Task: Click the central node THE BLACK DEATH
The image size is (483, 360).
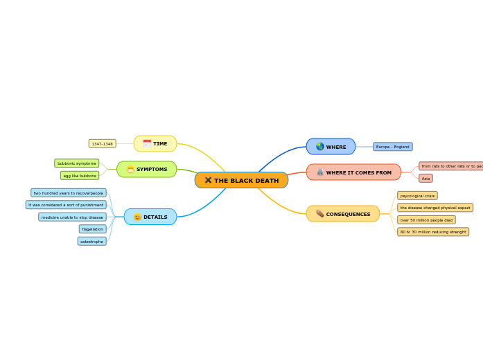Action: [x=241, y=181]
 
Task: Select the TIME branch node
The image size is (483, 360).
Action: [x=155, y=144]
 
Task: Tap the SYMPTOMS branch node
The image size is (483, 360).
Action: [x=147, y=170]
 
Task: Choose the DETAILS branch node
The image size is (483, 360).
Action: [x=150, y=217]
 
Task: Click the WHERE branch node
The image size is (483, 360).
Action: [x=331, y=147]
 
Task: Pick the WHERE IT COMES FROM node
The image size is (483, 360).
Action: [x=353, y=172]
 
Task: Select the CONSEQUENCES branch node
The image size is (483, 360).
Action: [x=343, y=214]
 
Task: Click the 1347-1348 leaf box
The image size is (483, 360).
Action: [x=103, y=144]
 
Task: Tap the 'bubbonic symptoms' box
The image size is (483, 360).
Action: [x=77, y=163]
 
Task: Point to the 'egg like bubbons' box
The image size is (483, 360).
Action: [x=80, y=176]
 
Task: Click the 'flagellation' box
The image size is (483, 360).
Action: [x=92, y=229]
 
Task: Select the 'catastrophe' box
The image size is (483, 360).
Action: [x=91, y=242]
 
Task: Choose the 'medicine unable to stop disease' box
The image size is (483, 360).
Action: [x=72, y=217]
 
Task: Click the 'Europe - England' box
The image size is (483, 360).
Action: [x=393, y=147]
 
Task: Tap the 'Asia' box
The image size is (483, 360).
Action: [x=425, y=179]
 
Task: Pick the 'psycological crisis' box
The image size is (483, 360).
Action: [x=417, y=196]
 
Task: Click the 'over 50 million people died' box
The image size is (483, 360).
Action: [x=426, y=220]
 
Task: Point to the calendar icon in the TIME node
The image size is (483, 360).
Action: [x=147, y=144]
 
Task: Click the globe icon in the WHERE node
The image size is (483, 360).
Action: [x=320, y=147]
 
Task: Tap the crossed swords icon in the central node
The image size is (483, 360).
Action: [x=208, y=181]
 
